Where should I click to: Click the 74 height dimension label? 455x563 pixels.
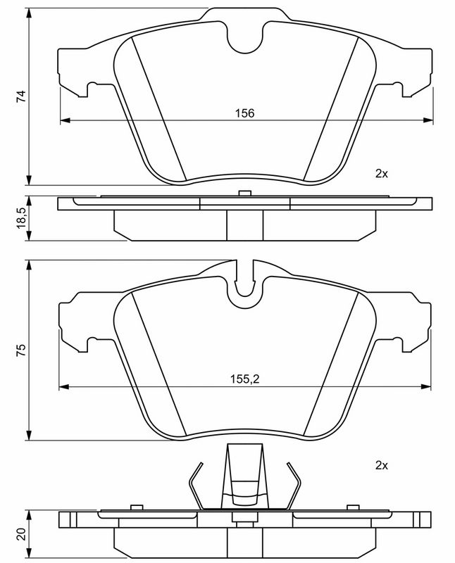tap(22, 96)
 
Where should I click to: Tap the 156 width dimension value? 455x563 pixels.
tap(244, 113)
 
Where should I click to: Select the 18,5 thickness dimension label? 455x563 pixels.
tap(22, 217)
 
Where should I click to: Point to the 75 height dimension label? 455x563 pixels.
tap(22, 350)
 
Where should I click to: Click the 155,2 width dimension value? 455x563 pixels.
tap(244, 379)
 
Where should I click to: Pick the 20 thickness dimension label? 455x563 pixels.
tap(22, 534)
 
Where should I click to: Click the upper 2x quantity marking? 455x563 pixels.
tap(381, 174)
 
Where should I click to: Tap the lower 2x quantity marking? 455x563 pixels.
tap(381, 466)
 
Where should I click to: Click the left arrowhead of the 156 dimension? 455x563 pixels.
tap(65, 120)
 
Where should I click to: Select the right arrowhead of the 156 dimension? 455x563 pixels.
tap(428, 120)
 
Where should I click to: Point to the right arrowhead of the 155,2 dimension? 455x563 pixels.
tap(426, 386)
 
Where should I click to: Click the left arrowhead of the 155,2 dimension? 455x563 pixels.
tap(63, 386)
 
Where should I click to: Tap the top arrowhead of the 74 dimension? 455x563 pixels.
tap(30, 13)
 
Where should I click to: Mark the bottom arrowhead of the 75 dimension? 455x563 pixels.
tap(30, 435)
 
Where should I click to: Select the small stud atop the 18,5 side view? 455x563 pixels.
tap(244, 193)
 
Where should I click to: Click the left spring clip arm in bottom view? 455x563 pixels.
tap(197, 486)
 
